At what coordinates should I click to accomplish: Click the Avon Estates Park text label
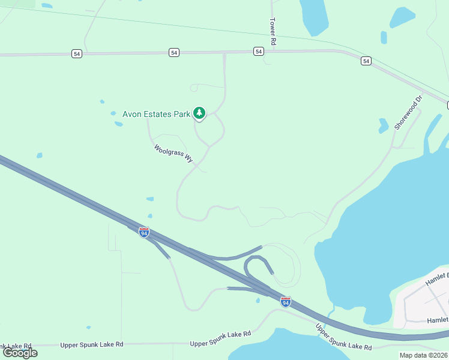click(x=156, y=113)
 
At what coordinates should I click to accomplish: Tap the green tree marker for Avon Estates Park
click(x=199, y=113)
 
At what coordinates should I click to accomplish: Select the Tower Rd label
click(x=273, y=31)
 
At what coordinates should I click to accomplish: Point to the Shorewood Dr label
click(x=409, y=112)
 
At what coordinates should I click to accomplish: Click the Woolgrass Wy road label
click(x=173, y=154)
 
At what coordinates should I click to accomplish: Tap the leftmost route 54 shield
click(x=76, y=53)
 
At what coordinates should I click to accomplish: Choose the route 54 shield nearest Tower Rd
click(x=258, y=52)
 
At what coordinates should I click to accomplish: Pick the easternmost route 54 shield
click(x=366, y=61)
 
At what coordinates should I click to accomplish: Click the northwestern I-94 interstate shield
click(x=144, y=232)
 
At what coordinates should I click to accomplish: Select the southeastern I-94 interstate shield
click(x=286, y=302)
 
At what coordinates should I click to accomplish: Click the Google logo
click(x=20, y=353)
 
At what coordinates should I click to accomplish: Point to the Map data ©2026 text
click(x=423, y=355)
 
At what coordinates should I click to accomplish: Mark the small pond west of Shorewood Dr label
click(x=383, y=125)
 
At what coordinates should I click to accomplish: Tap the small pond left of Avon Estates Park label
click(x=113, y=113)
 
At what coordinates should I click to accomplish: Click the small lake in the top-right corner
click(x=402, y=17)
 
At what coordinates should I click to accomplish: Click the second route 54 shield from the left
click(x=174, y=53)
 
